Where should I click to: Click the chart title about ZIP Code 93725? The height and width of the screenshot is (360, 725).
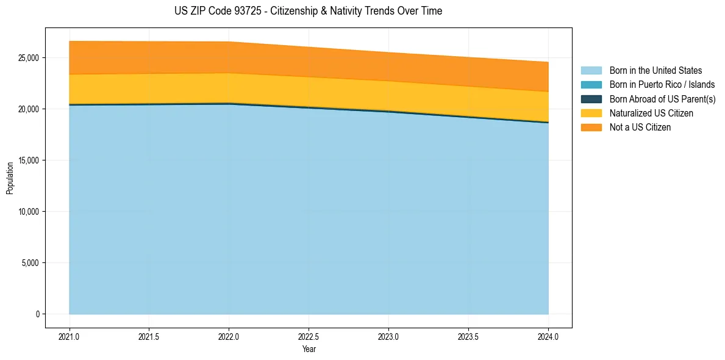point(308,11)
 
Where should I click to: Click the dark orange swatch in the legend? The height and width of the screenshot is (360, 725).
point(591,128)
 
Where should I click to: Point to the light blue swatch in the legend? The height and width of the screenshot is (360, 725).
point(591,71)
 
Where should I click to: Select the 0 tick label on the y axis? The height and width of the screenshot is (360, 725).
point(37,314)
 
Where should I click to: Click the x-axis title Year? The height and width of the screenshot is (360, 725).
point(309,349)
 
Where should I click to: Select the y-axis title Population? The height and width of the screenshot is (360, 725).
point(10,178)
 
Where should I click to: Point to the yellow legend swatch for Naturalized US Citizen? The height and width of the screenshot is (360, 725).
point(591,113)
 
